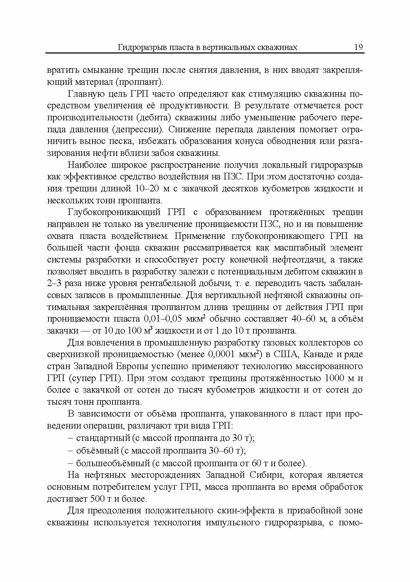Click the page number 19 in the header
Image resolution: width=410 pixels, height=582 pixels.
pos(358,47)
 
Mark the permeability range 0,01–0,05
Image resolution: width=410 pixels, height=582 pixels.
pos(164,319)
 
